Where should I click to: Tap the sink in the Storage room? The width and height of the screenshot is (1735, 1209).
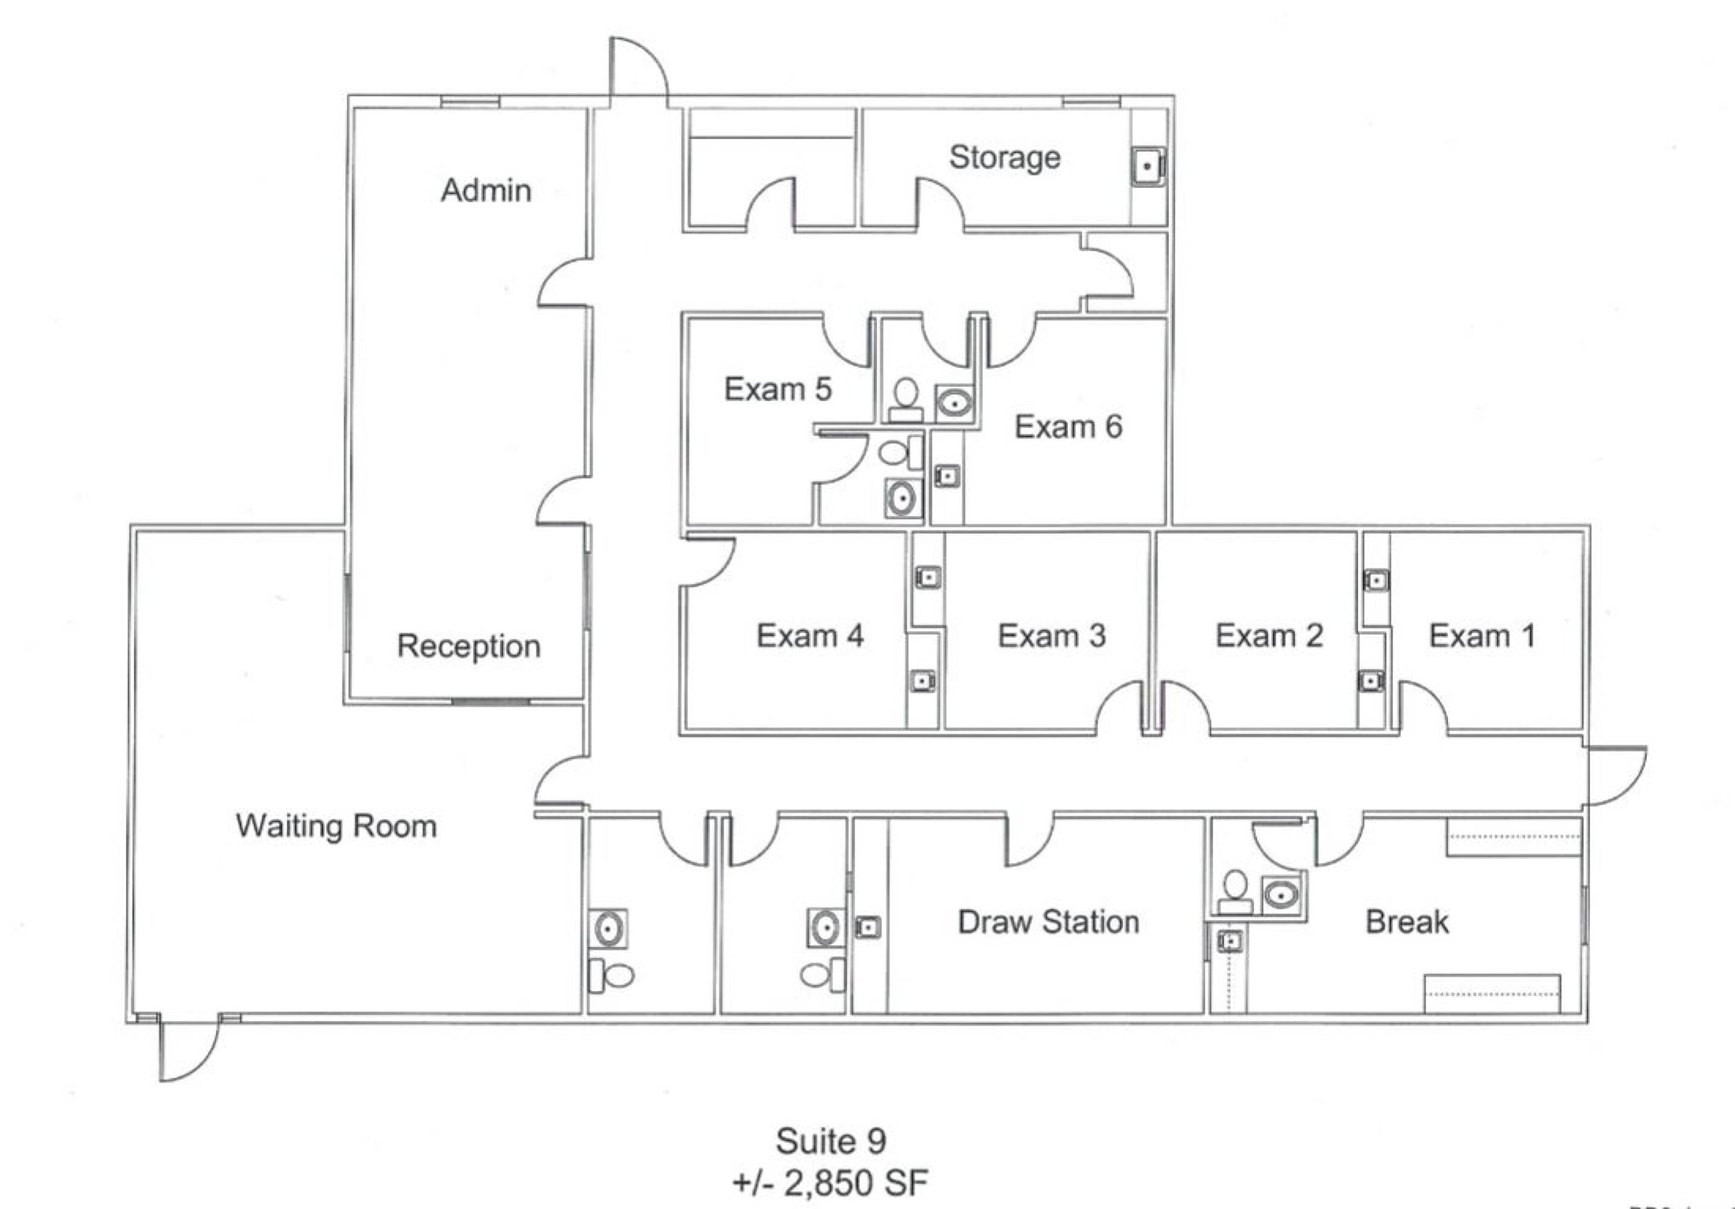coord(1147,166)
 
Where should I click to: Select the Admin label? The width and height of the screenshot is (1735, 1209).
coord(486,190)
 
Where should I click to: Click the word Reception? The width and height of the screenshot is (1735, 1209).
coord(469,646)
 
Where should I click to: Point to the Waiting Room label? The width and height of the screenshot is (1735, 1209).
coord(336,826)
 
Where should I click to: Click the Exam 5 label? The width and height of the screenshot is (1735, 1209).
coord(777,389)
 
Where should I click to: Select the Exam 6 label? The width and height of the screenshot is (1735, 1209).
coord(1067,427)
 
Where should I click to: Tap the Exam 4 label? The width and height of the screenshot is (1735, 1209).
coord(810,636)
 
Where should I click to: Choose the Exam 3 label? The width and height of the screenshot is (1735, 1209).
coord(1051,636)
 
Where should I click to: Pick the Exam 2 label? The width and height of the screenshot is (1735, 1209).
coord(1269,636)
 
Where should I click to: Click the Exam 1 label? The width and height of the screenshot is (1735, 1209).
coord(1482,636)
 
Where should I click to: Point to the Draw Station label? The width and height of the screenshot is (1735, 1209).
coord(1048,922)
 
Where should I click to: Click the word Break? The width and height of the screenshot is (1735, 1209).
coord(1407,922)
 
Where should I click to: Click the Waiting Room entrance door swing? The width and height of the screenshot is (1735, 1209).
coord(189,1051)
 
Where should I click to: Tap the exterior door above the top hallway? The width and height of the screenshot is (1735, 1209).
coord(639,68)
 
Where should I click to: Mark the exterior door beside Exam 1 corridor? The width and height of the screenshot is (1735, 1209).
coord(1617,775)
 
